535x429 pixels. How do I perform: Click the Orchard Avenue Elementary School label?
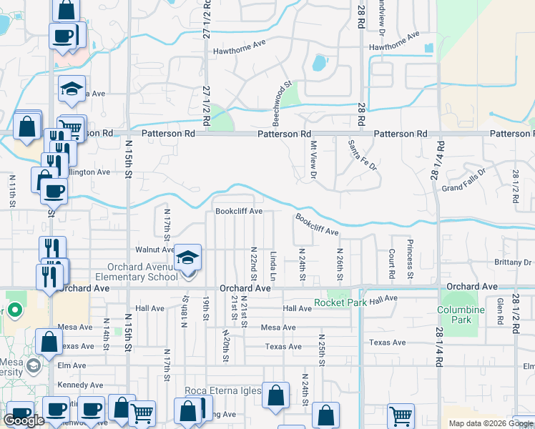[x=138, y=272]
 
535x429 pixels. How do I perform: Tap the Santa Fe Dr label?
[x=362, y=152]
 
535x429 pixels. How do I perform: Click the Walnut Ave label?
[x=155, y=250]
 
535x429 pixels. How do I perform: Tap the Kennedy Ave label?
[x=81, y=385]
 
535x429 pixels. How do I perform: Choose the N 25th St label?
[x=322, y=350]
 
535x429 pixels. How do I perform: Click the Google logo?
[x=24, y=420]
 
